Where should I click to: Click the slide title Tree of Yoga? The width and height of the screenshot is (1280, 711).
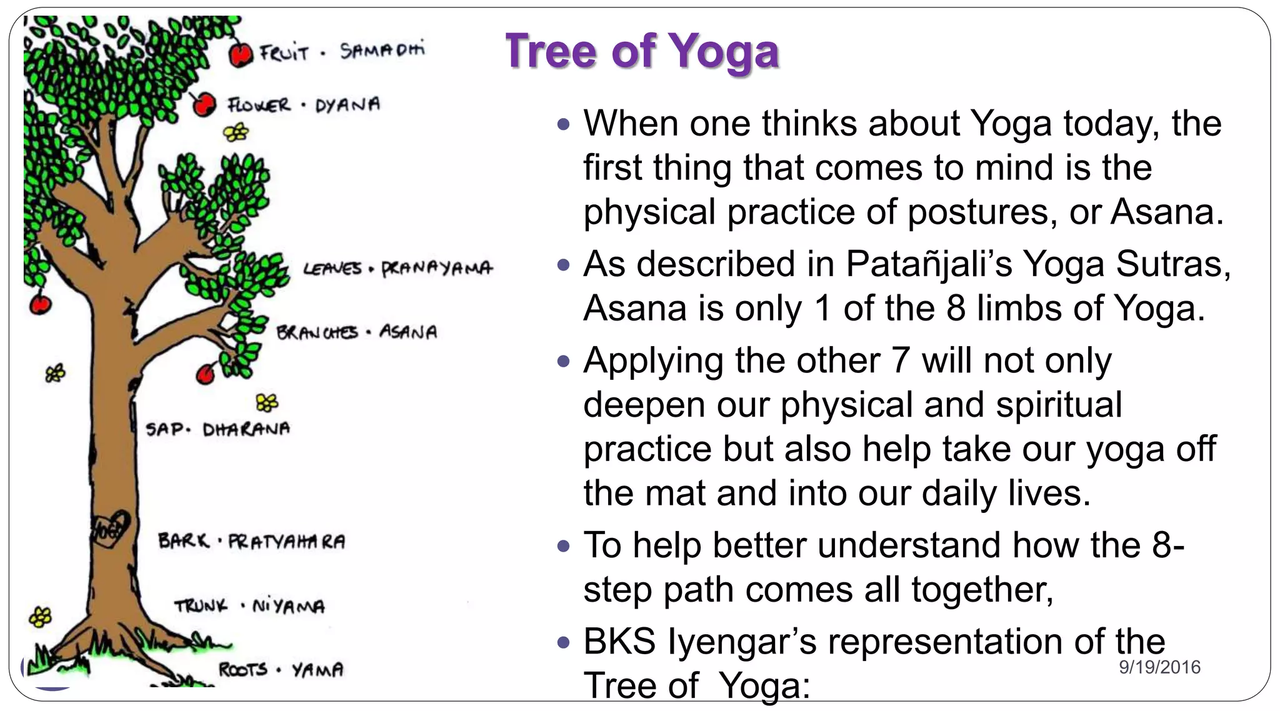[x=642, y=51]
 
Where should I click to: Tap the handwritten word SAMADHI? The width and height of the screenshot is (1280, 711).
[x=382, y=50]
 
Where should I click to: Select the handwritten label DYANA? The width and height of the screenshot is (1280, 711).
[x=347, y=105]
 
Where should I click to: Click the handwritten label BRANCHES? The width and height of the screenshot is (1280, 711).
[x=317, y=332]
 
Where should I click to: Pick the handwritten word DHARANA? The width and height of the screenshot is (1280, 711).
[x=246, y=429]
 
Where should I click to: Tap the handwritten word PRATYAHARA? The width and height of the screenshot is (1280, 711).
[x=286, y=541]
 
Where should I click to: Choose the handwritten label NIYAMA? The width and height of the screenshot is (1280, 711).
[x=288, y=606]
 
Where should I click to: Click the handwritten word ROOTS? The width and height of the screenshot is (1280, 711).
[x=242, y=670]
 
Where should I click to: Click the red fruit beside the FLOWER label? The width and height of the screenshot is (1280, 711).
[x=204, y=104]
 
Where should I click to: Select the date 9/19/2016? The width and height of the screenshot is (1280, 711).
[x=1159, y=667]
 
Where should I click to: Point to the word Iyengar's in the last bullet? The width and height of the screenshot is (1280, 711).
[x=742, y=642]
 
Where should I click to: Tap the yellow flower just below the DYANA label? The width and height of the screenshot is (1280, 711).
[x=236, y=132]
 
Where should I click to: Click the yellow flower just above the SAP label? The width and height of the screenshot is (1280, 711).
[x=267, y=403]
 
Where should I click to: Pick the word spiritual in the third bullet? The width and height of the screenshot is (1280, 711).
[x=1059, y=405]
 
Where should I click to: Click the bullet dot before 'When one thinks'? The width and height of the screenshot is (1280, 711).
[x=564, y=124]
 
